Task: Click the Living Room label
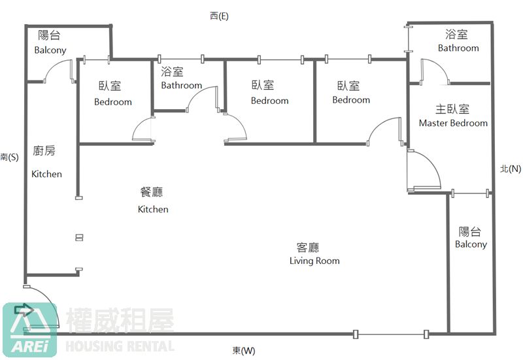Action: coord(314,254)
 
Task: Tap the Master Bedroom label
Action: coord(453,116)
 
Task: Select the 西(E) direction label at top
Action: coord(219,16)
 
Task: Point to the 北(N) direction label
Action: coord(510,169)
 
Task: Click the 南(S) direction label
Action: coord(10,157)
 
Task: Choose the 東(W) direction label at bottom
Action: coord(244,351)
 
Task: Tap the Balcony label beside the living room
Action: coord(471,238)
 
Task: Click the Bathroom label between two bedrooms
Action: coord(181,78)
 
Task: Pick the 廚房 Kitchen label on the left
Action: coord(46,162)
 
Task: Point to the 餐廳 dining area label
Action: coord(152,200)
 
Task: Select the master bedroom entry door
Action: coord(422,171)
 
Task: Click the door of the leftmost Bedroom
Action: coord(143,130)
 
